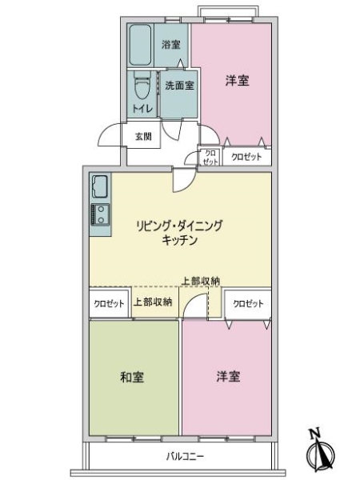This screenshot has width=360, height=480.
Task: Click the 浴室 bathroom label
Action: coord(170,44)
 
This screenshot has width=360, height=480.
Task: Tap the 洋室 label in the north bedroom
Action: coord(235,80)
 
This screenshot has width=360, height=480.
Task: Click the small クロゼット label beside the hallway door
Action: coord(210,157)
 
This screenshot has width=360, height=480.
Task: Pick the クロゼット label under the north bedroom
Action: coord(246,158)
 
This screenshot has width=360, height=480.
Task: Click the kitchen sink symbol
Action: coord(100,188)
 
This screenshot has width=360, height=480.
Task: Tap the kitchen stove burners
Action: coord(101,214)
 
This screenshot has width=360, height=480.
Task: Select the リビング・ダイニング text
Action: coord(178,226)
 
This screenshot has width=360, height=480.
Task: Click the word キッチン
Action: coord(178,240)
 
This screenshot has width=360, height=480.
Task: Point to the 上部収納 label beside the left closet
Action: coord(152,302)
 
